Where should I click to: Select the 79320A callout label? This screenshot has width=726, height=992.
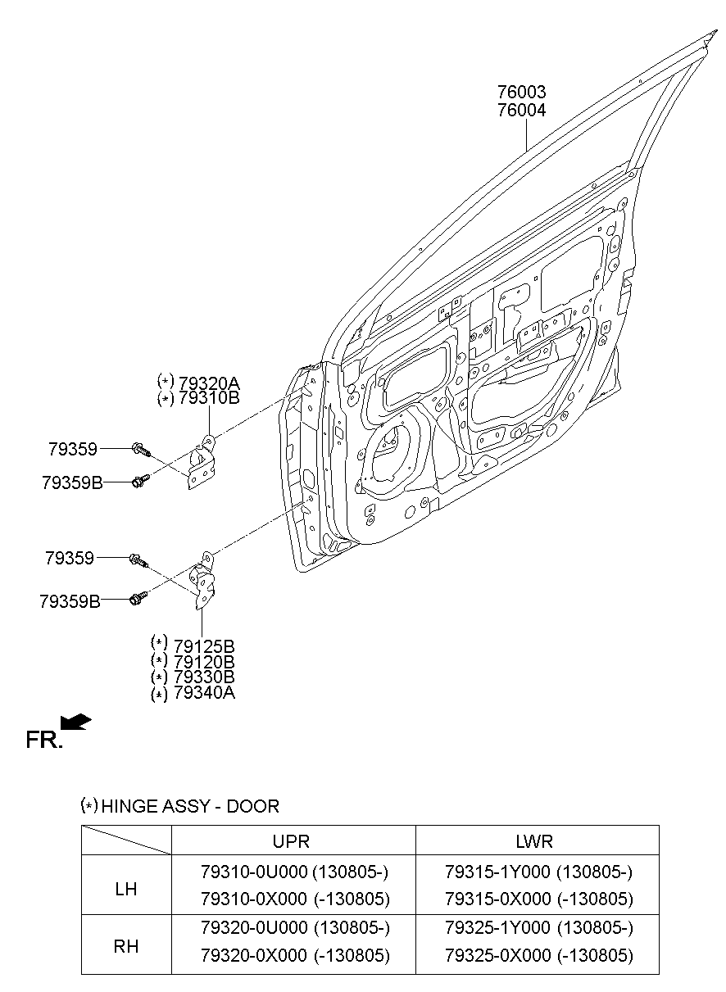pyautogui.click(x=208, y=382)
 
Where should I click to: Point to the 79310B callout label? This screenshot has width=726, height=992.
pyautogui.click(x=208, y=398)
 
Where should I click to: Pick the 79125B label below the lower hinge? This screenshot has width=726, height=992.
pyautogui.click(x=204, y=644)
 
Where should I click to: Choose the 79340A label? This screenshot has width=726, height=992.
pyautogui.click(x=204, y=693)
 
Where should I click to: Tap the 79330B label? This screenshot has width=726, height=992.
pyautogui.click(x=204, y=677)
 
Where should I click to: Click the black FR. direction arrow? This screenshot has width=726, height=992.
pyautogui.click(x=76, y=721)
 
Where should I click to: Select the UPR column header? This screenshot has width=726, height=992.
pyautogui.click(x=291, y=841)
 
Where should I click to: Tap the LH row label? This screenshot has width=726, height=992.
pyautogui.click(x=125, y=888)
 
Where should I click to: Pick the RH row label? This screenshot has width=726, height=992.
pyautogui.click(x=125, y=946)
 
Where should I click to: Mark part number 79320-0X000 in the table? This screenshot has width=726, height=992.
pyautogui.click(x=255, y=955)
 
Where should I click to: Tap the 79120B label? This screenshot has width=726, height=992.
pyautogui.click(x=204, y=660)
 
